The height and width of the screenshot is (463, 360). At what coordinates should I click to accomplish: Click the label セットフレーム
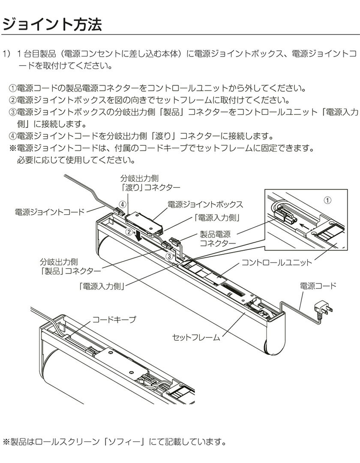click(x=196, y=337)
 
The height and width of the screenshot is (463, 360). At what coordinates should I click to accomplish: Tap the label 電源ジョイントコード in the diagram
click(x=50, y=211)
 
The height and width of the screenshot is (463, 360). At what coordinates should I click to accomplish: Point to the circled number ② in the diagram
click(x=128, y=232)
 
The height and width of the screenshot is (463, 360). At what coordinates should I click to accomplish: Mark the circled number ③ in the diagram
click(x=170, y=256)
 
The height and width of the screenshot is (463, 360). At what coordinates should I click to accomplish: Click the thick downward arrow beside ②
click(x=138, y=235)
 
